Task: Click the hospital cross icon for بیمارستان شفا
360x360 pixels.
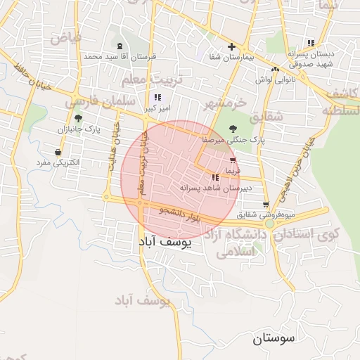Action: [x=231, y=46]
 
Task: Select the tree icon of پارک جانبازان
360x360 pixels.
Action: [x=77, y=118]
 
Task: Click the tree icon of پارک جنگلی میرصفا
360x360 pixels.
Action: [x=234, y=129]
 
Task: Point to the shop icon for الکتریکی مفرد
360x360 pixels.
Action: [x=57, y=152]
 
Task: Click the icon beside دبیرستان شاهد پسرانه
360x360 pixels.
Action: [x=214, y=177]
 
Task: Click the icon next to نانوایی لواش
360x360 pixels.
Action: [x=276, y=70]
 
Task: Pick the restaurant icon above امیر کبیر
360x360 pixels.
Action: [x=157, y=98]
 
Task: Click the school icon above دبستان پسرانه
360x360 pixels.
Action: [x=310, y=43]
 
